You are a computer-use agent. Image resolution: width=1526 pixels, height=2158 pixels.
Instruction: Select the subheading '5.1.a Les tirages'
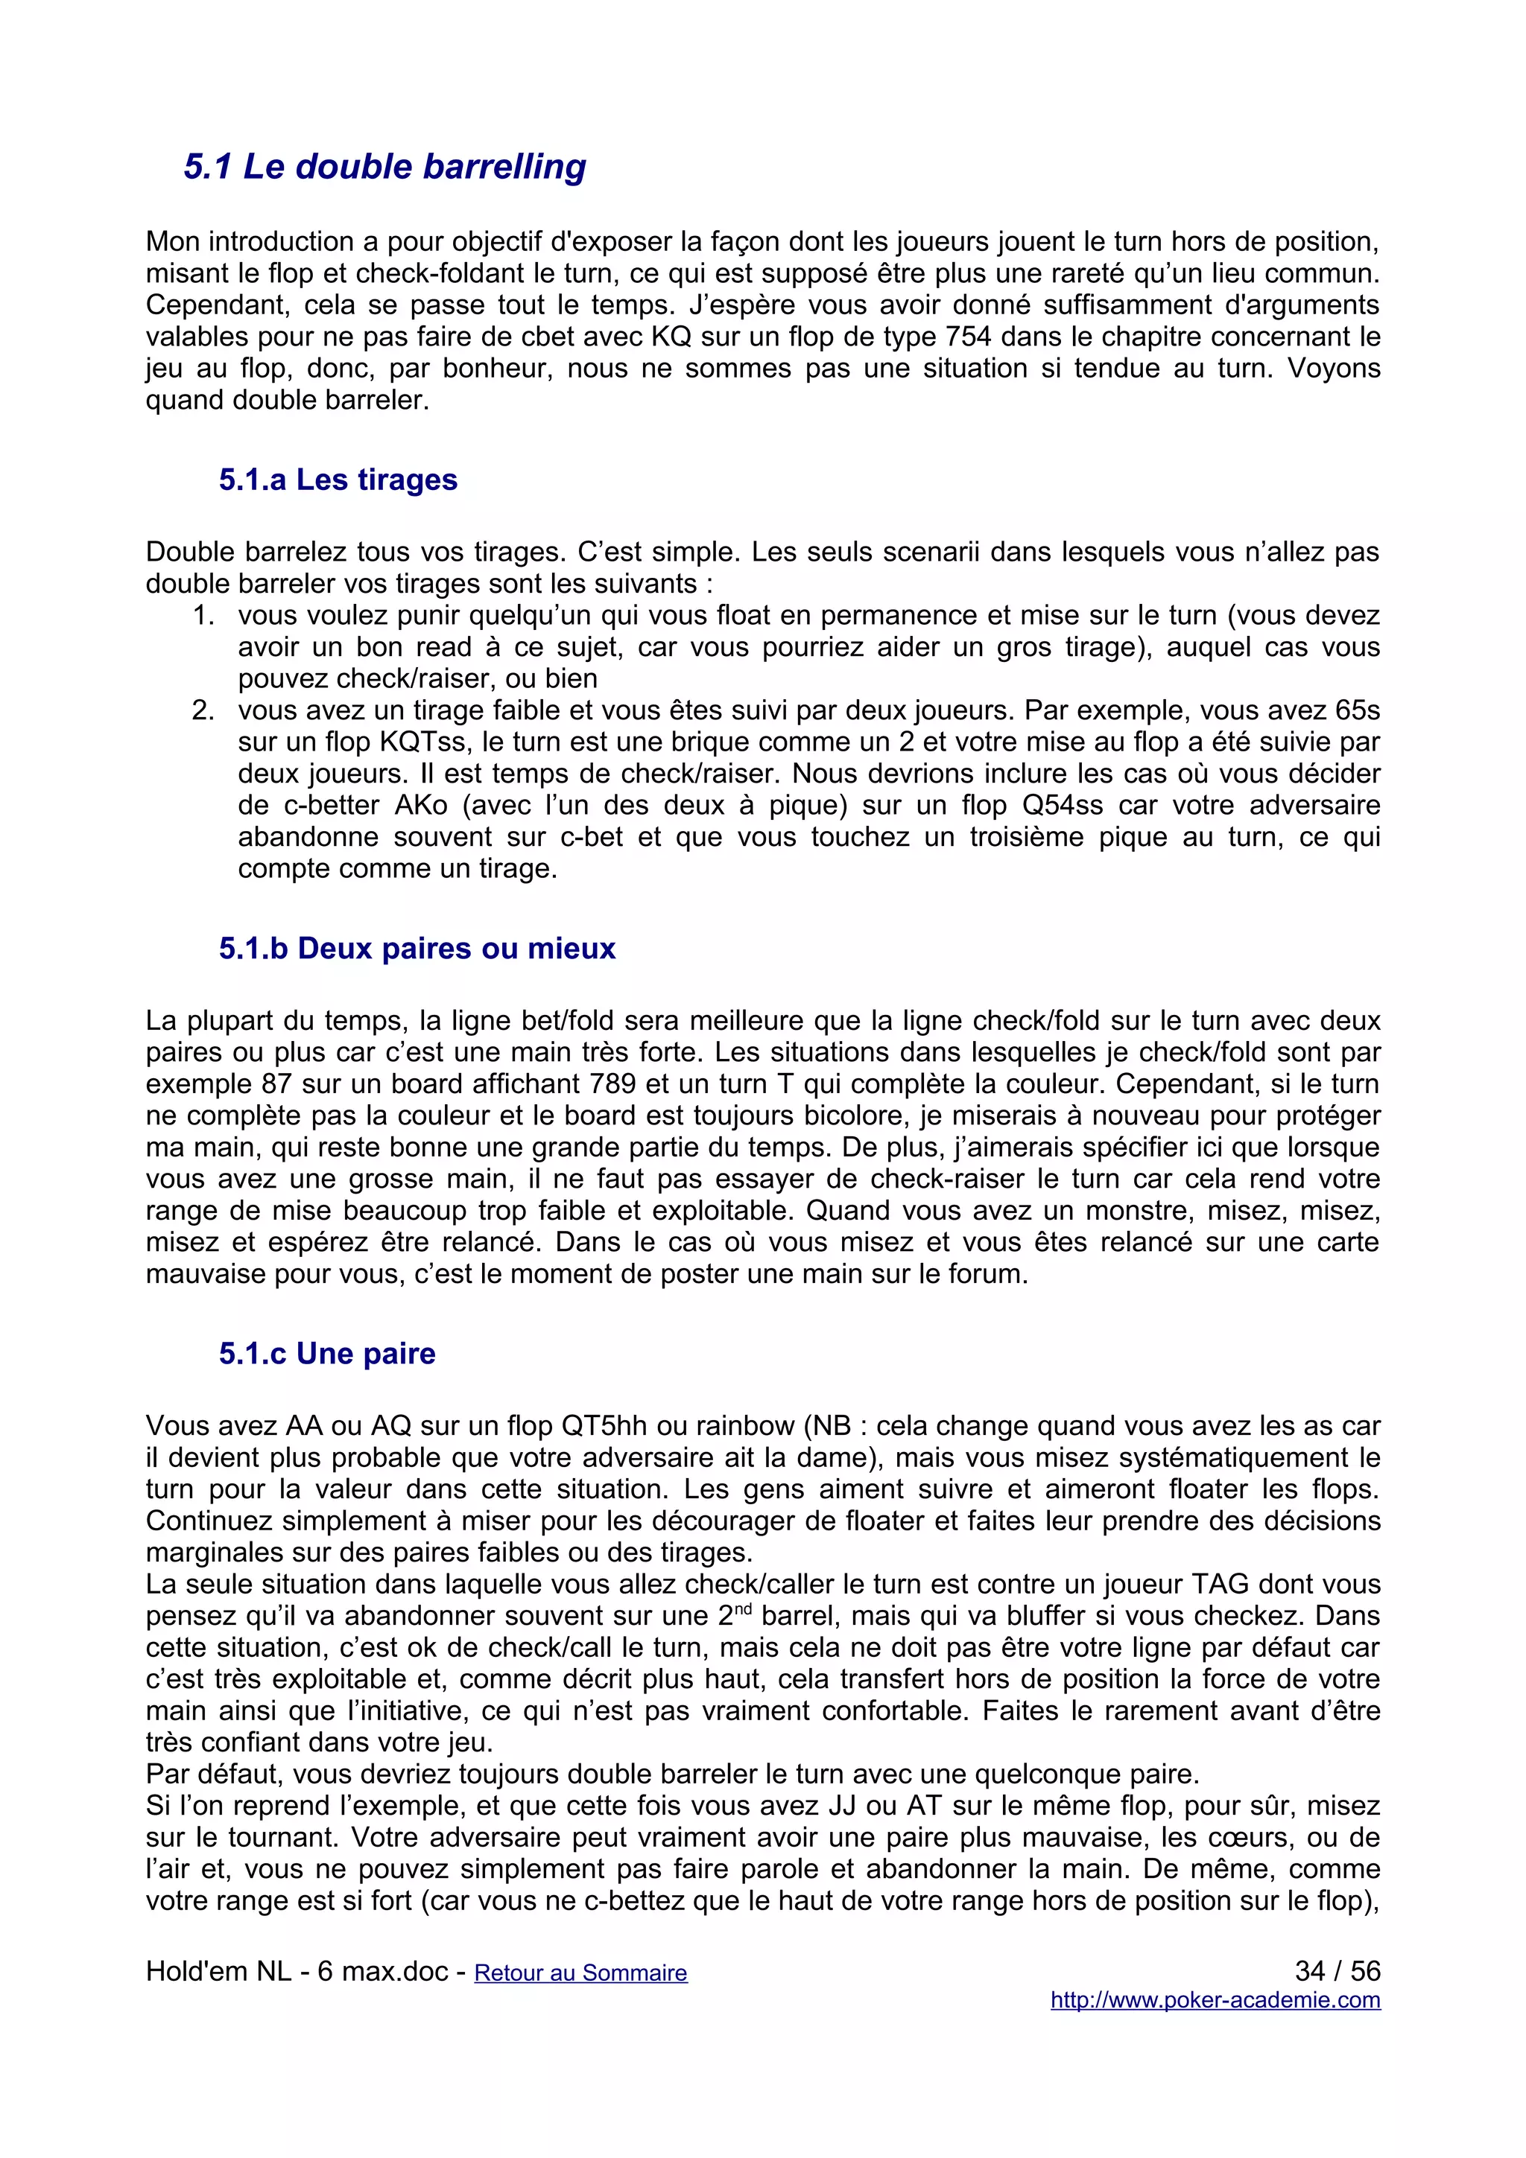[338, 480]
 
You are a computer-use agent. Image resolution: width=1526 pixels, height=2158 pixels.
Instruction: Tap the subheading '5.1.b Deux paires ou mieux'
[417, 949]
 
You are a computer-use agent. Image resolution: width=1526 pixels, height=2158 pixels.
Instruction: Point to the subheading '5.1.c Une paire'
[327, 1354]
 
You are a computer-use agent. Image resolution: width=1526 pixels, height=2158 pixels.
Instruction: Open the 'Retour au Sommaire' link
[580, 1973]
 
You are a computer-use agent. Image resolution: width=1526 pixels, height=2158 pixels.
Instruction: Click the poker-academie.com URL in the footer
[1215, 2000]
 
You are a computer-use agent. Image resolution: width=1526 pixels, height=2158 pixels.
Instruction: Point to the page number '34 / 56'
[1337, 1971]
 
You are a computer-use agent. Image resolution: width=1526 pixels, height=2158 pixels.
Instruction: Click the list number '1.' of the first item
[204, 616]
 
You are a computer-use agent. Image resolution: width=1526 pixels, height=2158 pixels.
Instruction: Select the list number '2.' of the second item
[204, 710]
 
